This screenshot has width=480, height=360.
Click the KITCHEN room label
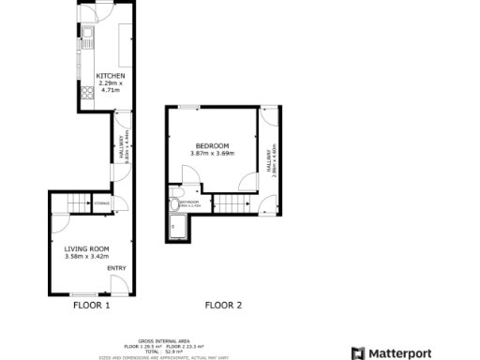112,76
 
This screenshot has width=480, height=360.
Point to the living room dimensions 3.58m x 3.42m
87,257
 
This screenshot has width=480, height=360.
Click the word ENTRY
116,269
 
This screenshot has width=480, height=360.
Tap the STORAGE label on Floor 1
102,203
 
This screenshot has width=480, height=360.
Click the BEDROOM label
212,145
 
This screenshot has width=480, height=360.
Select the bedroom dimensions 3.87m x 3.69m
212,154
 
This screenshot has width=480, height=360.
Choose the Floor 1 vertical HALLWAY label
122,151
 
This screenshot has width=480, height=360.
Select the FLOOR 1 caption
92,306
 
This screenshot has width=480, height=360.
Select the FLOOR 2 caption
223,306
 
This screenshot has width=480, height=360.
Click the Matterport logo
392,352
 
